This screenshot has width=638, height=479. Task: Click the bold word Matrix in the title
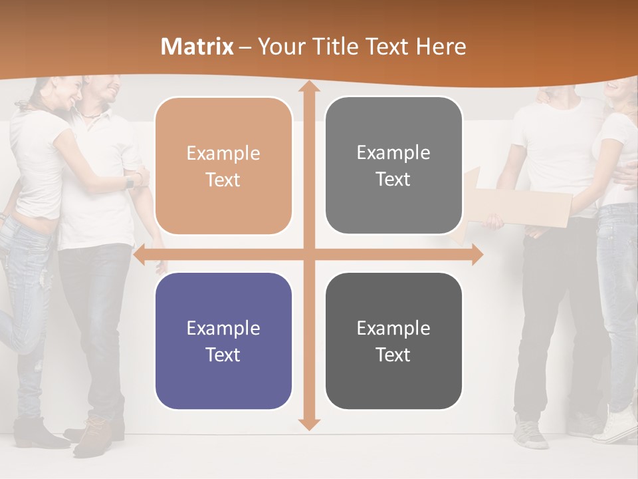point(197,47)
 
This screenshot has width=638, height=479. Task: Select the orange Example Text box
point(223,166)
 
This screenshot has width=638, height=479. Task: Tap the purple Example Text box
point(223,341)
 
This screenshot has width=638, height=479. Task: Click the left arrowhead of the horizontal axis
point(140,254)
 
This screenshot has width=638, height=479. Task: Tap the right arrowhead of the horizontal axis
point(477,254)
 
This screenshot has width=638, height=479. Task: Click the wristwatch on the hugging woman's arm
point(130,181)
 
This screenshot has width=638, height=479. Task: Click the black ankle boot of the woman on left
point(33,433)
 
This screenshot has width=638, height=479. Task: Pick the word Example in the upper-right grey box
point(393,153)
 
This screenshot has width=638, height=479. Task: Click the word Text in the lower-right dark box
point(393,355)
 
